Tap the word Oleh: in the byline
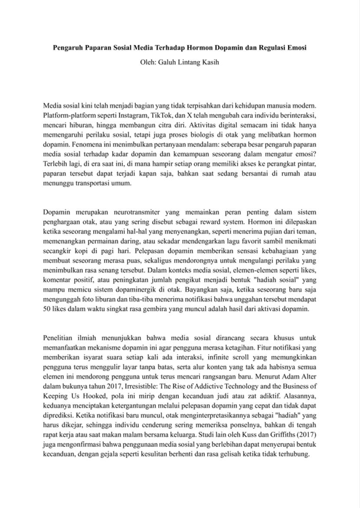tap(149, 62)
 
